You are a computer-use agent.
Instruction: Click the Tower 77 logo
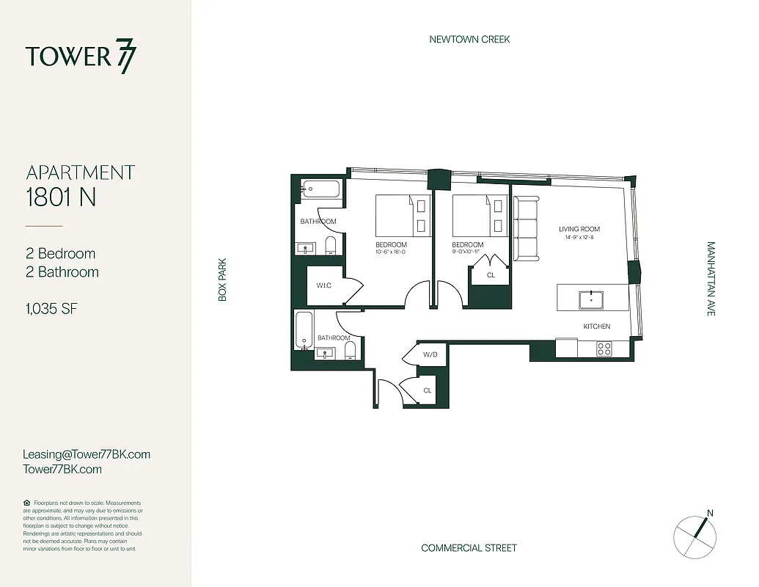[81, 57]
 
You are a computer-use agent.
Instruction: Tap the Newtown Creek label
[469, 39]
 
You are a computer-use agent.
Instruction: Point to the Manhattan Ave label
[711, 279]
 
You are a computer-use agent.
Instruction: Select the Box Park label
[222, 279]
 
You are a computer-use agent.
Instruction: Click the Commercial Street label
[469, 548]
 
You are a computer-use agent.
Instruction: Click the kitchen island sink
[590, 299]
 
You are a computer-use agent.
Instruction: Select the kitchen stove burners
[604, 349]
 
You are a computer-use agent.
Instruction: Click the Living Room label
[579, 229]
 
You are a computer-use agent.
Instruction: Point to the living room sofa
[526, 228]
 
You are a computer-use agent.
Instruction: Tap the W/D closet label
[430, 355]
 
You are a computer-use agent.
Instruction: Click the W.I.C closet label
[324, 285]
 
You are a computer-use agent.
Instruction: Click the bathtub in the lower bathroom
[304, 329]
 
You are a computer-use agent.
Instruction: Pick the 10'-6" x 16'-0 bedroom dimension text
[391, 252]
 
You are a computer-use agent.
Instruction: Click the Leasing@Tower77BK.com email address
[87, 454]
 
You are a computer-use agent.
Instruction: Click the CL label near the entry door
[428, 390]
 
